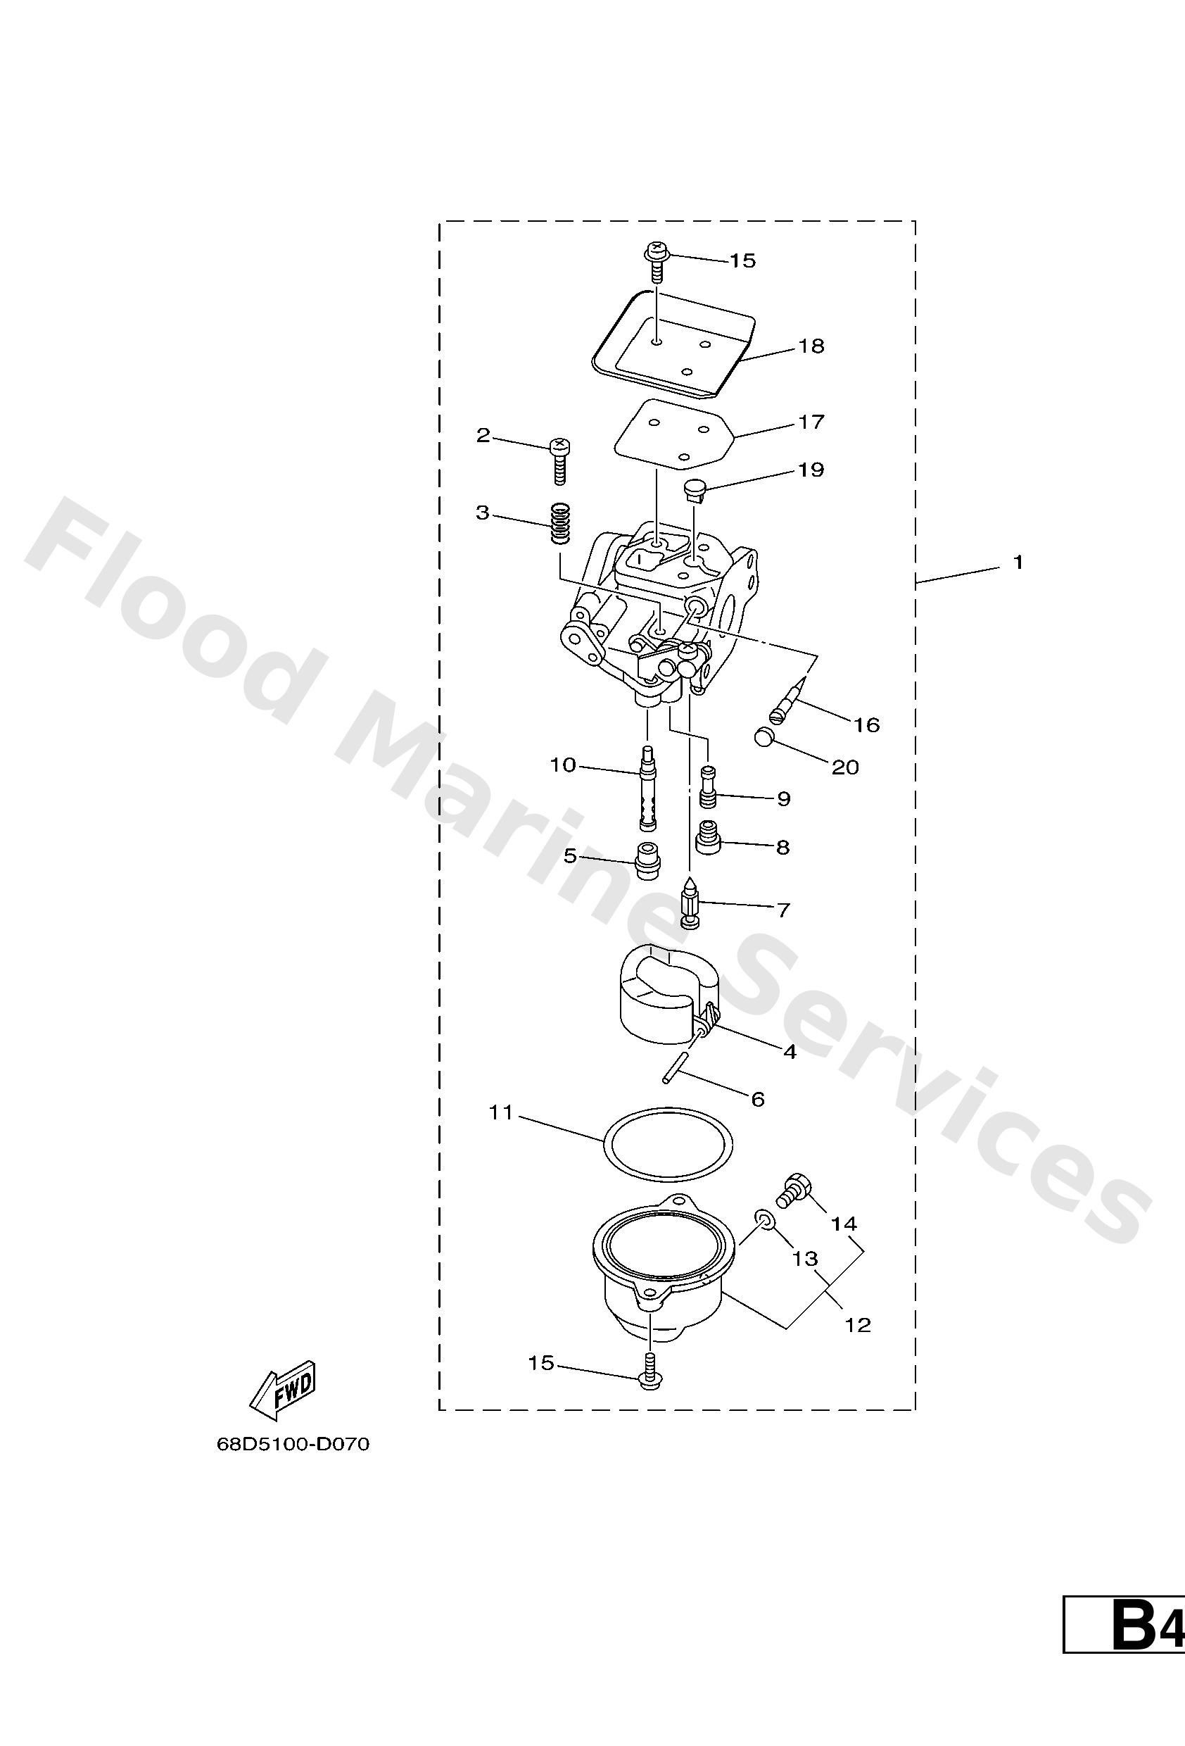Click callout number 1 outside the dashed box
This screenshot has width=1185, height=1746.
point(1018,562)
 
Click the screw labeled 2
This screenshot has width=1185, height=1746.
point(559,460)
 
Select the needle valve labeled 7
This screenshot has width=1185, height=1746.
point(690,902)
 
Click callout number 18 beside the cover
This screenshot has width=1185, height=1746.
point(811,346)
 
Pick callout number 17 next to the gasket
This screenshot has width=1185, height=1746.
point(811,422)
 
